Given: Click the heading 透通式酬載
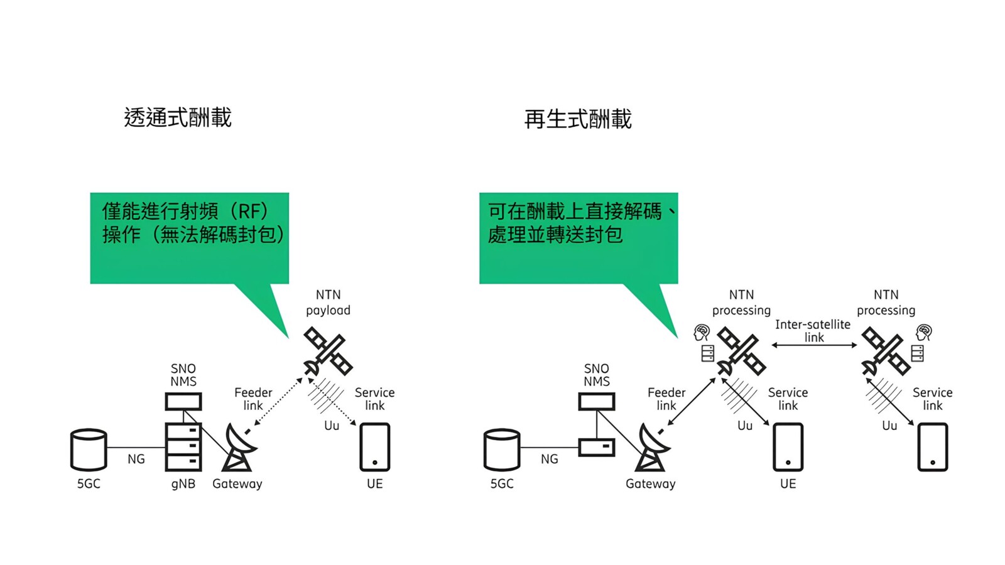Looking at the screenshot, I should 178,117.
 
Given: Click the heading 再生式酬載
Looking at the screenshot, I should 578,119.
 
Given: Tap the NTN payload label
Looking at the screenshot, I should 328,302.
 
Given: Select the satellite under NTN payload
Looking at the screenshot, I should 327,352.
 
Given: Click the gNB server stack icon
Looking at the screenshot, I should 183,446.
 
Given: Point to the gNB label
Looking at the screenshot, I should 183,483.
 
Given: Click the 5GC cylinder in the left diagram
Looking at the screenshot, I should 89,449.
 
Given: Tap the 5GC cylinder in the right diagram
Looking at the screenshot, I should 502,449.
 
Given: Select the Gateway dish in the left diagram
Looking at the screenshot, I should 239,448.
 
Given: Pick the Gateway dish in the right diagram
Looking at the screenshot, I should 653,448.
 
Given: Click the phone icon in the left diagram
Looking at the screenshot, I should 375,447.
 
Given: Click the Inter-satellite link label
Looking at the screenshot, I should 813,331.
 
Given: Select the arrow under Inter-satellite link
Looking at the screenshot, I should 814,345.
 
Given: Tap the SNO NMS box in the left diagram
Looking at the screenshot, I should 183,401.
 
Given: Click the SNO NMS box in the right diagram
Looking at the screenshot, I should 597,401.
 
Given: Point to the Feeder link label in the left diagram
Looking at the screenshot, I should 253,399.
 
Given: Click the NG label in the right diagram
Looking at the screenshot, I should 550,459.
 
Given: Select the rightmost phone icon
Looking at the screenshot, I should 933,447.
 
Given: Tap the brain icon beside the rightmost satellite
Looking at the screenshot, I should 923,331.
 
